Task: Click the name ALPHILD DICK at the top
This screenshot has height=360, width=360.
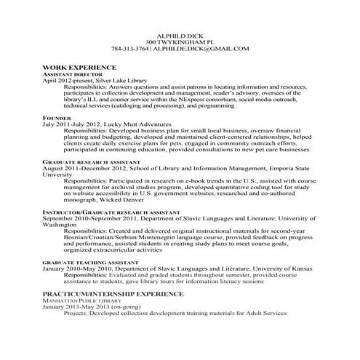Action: pyautogui.click(x=180, y=36)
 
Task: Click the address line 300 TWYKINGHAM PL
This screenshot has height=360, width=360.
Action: pyautogui.click(x=180, y=42)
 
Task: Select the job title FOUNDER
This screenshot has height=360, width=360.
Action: pyautogui.click(x=56, y=116)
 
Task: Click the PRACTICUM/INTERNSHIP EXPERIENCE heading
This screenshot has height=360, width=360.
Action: pyautogui.click(x=115, y=293)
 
